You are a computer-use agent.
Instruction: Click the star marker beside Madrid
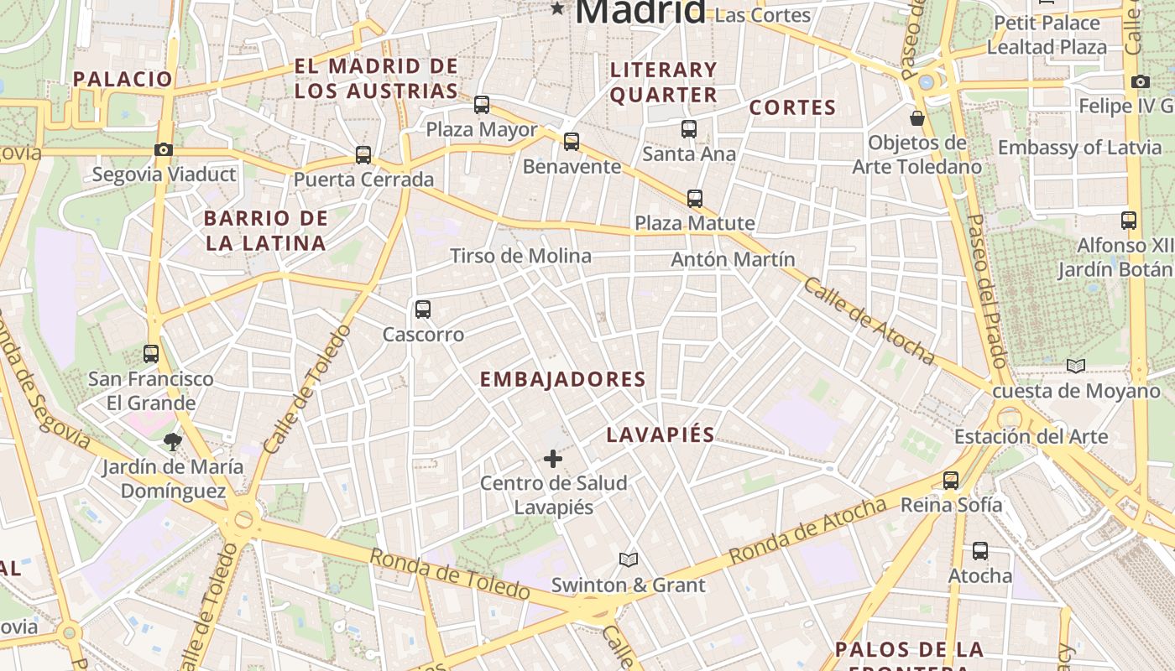tap(557, 9)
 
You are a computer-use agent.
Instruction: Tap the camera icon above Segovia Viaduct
tap(164, 149)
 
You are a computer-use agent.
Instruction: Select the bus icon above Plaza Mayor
tap(482, 105)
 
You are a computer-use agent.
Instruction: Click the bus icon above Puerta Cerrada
tap(363, 155)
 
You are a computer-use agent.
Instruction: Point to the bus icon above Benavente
tap(572, 142)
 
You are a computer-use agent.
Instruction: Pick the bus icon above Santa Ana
tap(689, 129)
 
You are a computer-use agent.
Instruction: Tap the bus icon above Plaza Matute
tap(695, 199)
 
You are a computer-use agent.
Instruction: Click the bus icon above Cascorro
tap(423, 309)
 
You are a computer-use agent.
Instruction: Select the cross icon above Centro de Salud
tap(553, 458)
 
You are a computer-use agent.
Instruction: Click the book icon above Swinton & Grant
tap(629, 559)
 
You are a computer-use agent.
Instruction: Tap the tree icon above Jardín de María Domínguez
tap(173, 442)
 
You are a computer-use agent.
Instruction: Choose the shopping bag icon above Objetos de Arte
tap(917, 118)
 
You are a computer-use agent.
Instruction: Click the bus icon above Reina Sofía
tap(951, 481)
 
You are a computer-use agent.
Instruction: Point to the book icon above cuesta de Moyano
tap(1076, 366)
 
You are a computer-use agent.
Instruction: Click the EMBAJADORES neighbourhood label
tap(562, 379)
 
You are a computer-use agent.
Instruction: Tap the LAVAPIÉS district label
tap(661, 434)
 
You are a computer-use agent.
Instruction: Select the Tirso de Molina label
tap(520, 256)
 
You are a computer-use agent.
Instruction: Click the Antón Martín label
tap(733, 259)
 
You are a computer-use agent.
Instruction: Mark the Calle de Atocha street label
tap(869, 321)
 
